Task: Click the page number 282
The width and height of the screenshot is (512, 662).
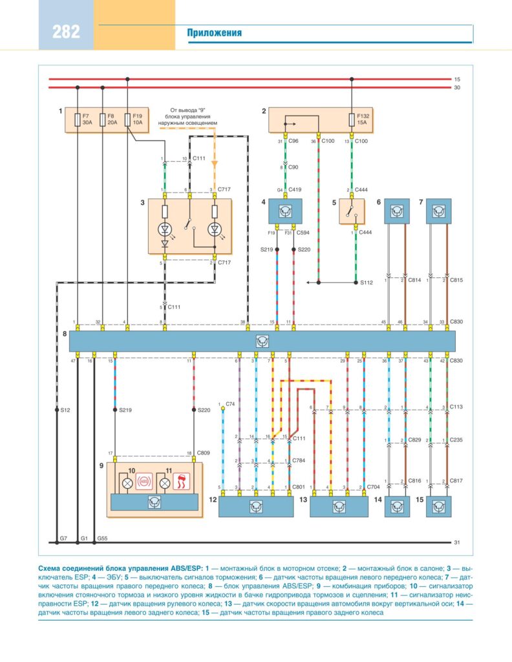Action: tap(67, 32)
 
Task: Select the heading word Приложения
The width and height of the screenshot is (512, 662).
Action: tap(215, 33)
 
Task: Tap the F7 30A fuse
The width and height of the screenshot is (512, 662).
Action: tap(78, 120)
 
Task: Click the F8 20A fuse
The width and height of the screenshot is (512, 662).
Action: tap(103, 120)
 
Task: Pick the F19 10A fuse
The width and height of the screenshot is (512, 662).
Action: tap(127, 120)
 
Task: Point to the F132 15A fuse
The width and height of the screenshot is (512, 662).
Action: tap(352, 120)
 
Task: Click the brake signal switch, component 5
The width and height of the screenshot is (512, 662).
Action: tap(352, 211)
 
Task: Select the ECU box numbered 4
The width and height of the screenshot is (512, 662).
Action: tap(285, 211)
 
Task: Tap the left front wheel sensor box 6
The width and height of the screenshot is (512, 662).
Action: tap(397, 211)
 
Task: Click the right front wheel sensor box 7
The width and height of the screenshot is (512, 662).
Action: tap(438, 211)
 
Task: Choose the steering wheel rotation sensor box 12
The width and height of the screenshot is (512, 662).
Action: tap(256, 506)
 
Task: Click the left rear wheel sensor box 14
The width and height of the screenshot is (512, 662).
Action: tap(397, 506)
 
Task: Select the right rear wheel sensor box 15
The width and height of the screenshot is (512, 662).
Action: tap(438, 506)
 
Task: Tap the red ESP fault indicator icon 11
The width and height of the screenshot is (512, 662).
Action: tap(188, 481)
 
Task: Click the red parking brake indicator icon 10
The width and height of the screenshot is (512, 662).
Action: tap(146, 481)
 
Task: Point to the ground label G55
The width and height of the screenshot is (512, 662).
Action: tap(102, 537)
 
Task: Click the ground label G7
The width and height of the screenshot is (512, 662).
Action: tap(63, 537)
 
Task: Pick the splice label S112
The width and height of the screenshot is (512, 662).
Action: tap(367, 283)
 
